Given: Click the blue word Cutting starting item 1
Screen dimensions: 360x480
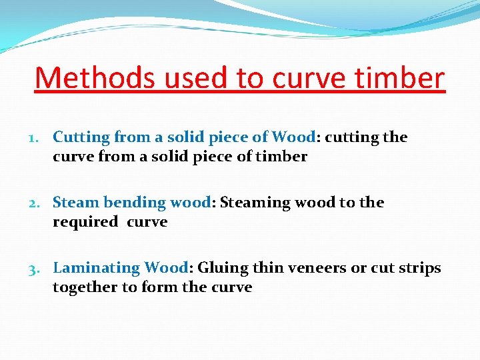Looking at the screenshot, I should [x=81, y=138].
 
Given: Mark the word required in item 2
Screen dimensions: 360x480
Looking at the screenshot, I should [x=85, y=222].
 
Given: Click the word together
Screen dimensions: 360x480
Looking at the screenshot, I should [x=85, y=287].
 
